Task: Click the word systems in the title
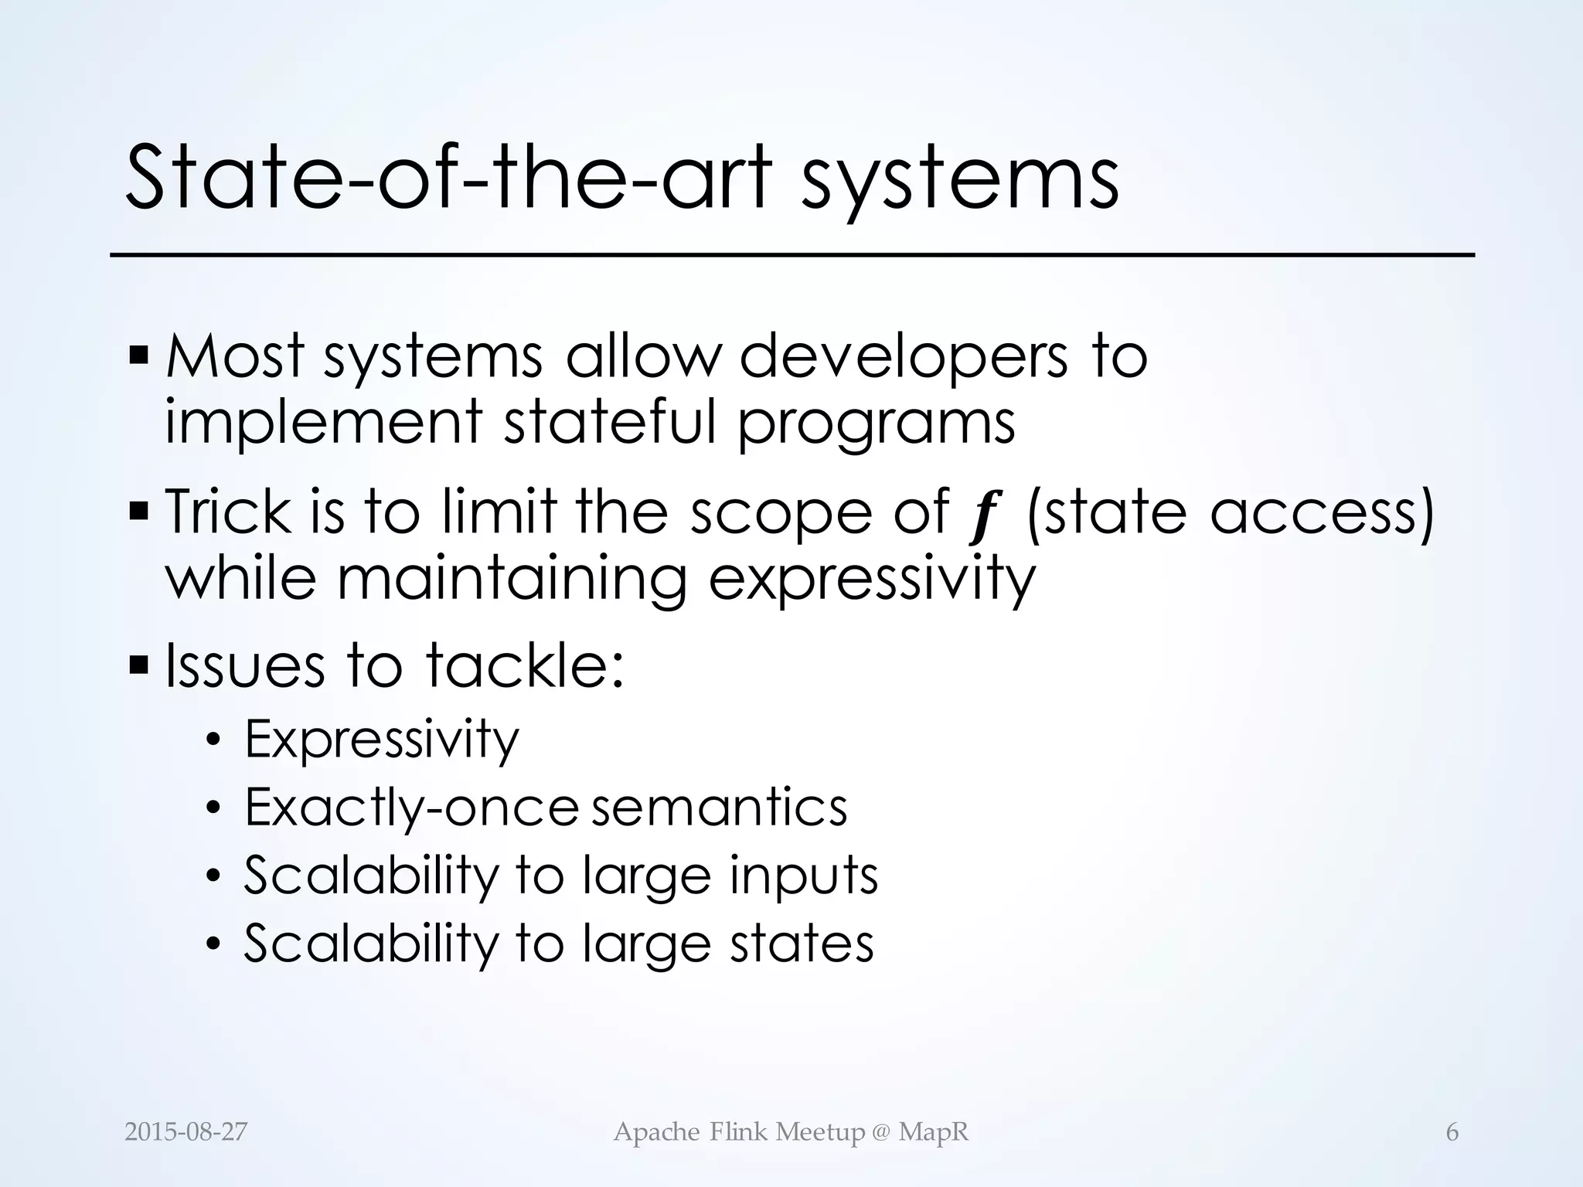(x=959, y=179)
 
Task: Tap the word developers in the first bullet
(x=904, y=357)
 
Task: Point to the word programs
(x=876, y=425)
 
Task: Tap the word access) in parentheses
(x=1322, y=513)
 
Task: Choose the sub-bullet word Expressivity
(x=382, y=740)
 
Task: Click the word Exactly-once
(x=411, y=808)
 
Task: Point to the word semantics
(x=719, y=808)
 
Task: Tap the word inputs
(x=803, y=877)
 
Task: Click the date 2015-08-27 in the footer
(x=186, y=1132)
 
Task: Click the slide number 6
(x=1452, y=1132)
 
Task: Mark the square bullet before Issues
(x=139, y=664)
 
